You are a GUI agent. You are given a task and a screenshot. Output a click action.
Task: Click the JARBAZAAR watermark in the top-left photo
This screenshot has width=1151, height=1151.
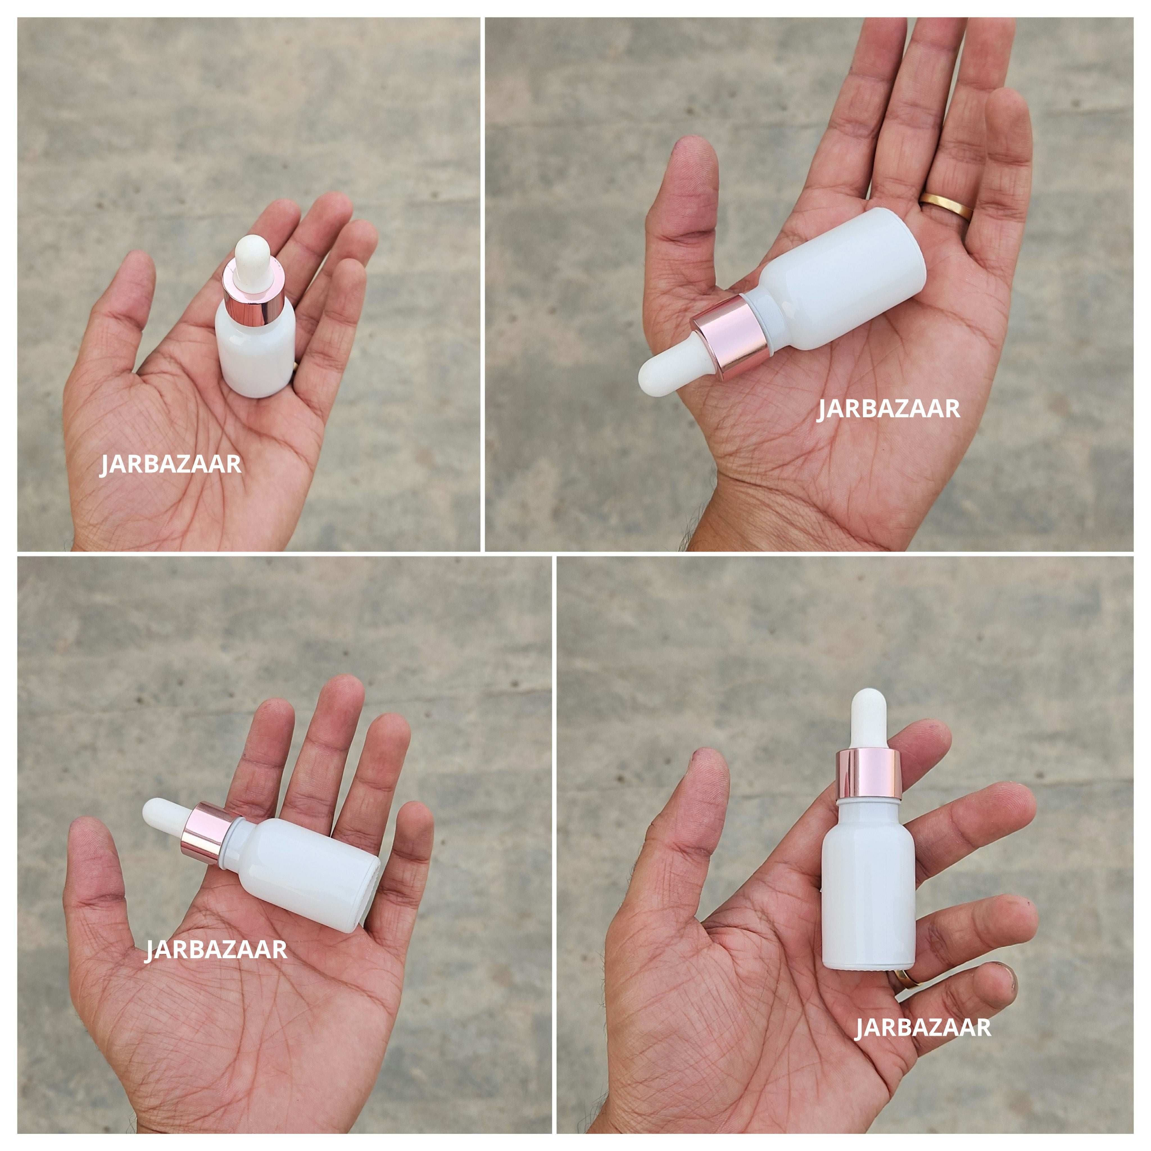[x=170, y=465]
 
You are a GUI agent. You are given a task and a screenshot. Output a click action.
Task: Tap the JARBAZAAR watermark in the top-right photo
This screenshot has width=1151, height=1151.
[x=888, y=409]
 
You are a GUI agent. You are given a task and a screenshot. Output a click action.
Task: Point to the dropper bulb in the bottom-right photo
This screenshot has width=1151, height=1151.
[x=867, y=718]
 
